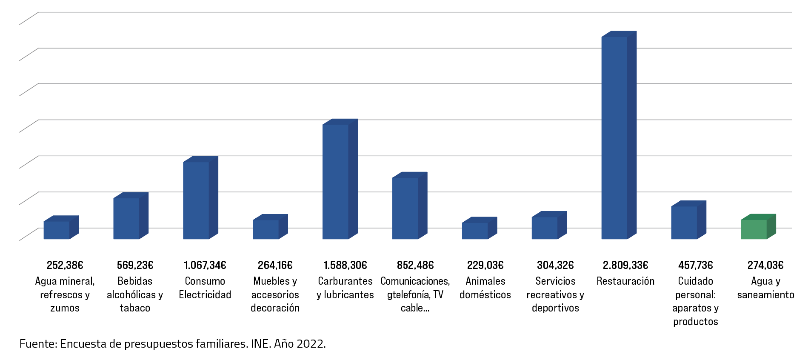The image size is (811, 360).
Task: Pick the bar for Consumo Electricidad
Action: (x=196, y=200)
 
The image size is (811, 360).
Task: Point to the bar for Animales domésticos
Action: (x=475, y=231)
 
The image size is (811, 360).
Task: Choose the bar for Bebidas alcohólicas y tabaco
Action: (x=126, y=218)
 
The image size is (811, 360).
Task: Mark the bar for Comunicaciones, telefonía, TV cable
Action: (x=405, y=208)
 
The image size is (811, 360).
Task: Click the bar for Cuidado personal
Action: (x=684, y=223)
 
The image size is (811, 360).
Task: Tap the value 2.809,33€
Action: (x=625, y=265)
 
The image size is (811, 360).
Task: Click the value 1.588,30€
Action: (x=345, y=265)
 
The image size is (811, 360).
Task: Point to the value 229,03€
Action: (x=485, y=265)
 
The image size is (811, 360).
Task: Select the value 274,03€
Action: (x=765, y=265)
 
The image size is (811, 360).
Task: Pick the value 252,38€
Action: (x=65, y=265)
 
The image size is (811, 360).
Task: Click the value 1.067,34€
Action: (x=205, y=265)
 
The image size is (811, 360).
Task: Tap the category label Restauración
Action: (x=625, y=281)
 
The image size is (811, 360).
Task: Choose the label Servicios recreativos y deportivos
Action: (x=555, y=294)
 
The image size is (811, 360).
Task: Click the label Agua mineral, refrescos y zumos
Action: (x=65, y=294)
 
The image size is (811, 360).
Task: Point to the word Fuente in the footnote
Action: (x=37, y=344)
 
